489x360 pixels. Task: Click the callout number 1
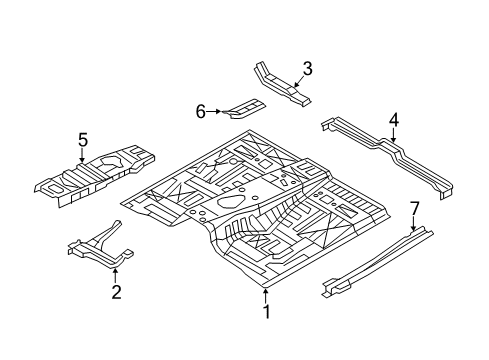[266, 312]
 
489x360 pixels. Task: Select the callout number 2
[117, 291]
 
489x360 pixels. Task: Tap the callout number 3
[307, 68]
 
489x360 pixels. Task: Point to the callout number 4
[394, 121]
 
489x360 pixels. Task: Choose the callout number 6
[201, 111]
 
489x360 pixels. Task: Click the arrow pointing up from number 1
[266, 294]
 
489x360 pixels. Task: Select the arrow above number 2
[117, 272]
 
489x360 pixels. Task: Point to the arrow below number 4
[394, 137]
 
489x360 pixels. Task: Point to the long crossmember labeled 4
[390, 155]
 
